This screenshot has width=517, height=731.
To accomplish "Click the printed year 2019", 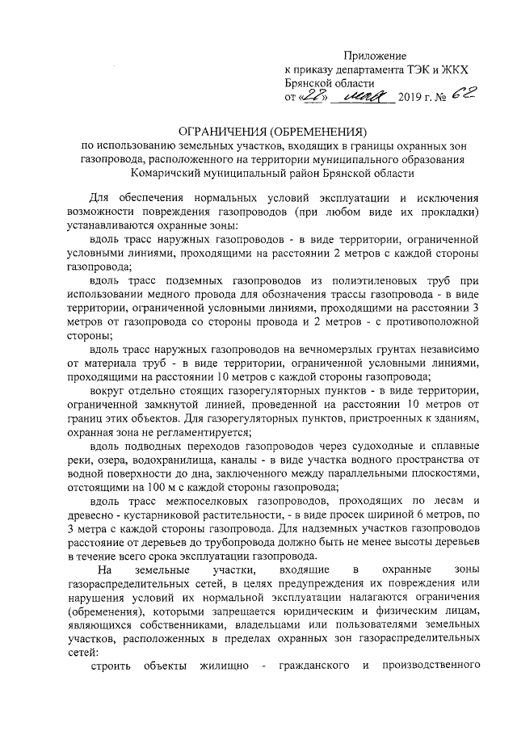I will pos(412,99).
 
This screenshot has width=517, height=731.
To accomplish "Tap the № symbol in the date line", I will pos(441,99).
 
